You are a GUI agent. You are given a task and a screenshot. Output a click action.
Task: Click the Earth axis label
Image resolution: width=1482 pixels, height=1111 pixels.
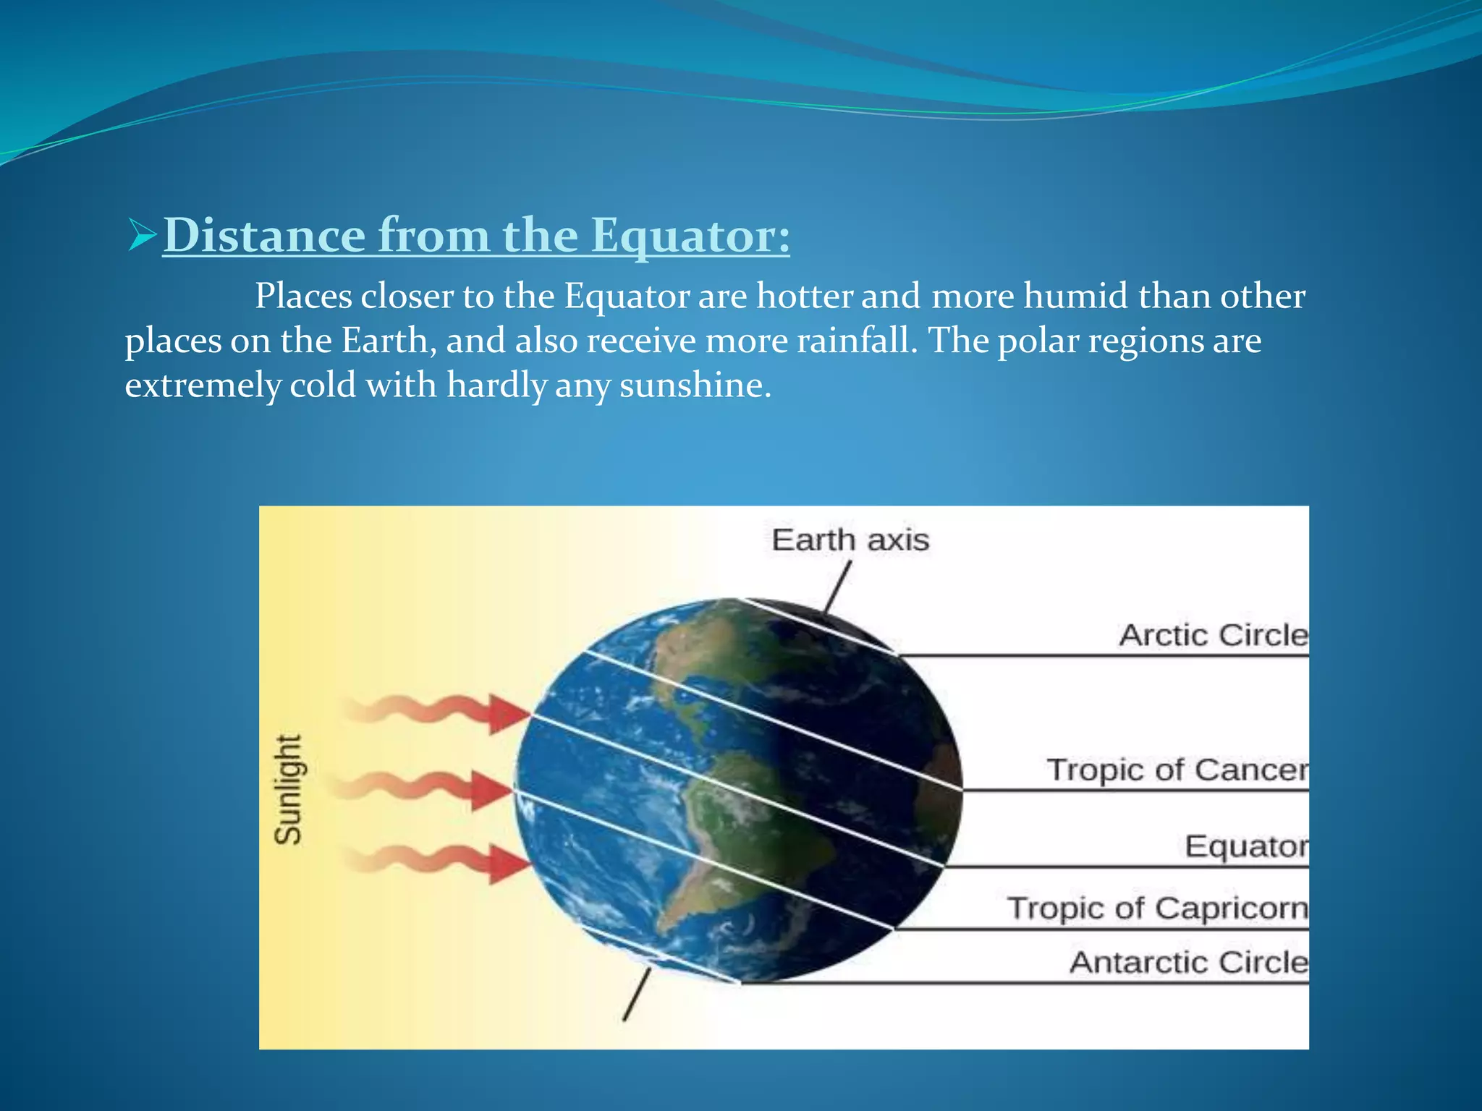pyautogui.click(x=850, y=540)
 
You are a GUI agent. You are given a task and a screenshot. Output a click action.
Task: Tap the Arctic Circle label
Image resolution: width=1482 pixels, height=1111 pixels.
pyautogui.click(x=1213, y=636)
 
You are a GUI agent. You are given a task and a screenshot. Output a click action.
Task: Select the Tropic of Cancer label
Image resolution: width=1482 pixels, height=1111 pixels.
pyautogui.click(x=1177, y=770)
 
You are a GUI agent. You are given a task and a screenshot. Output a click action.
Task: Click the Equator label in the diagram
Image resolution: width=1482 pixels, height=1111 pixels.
pyautogui.click(x=1245, y=846)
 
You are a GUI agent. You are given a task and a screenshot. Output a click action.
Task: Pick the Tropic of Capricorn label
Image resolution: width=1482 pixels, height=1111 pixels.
pyautogui.click(x=1157, y=908)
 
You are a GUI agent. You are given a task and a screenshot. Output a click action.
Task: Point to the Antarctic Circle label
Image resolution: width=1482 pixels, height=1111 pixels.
pyautogui.click(x=1188, y=963)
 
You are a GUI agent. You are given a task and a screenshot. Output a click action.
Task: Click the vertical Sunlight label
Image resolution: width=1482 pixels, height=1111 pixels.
pyautogui.click(x=288, y=789)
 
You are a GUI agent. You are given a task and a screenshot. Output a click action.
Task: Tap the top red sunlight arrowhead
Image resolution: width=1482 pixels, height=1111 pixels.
pyautogui.click(x=509, y=714)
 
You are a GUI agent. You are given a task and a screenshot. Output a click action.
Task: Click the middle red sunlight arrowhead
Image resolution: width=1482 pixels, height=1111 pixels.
pyautogui.click(x=491, y=790)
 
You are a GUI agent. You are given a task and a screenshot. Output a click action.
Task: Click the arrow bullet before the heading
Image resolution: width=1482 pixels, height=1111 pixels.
pyautogui.click(x=141, y=237)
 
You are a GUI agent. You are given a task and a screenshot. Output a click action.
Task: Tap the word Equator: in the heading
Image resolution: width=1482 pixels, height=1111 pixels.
pyautogui.click(x=690, y=237)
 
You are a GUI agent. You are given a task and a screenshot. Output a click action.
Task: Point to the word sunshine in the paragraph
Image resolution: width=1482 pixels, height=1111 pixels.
pyautogui.click(x=695, y=385)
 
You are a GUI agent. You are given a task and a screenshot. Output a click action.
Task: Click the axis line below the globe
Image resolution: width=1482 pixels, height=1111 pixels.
pyautogui.click(x=636, y=996)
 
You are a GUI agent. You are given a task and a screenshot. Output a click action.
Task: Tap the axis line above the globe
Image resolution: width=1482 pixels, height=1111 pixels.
pyautogui.click(x=837, y=588)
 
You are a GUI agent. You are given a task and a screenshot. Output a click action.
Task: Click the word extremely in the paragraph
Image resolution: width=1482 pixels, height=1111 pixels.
pyautogui.click(x=202, y=385)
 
